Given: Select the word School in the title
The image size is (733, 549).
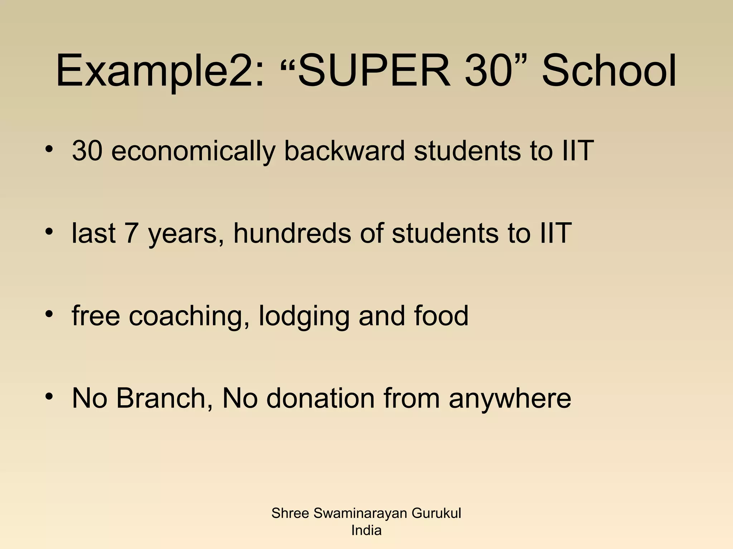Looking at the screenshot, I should pos(608,70).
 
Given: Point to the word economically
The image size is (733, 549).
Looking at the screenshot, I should pos(193,151).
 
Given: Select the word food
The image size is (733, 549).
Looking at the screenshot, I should pos(441,316).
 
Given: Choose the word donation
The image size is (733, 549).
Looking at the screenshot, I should pos(320,398).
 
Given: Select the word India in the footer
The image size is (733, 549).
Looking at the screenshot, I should pos(366,530).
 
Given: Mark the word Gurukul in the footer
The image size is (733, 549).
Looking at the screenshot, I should pos(436,513).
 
